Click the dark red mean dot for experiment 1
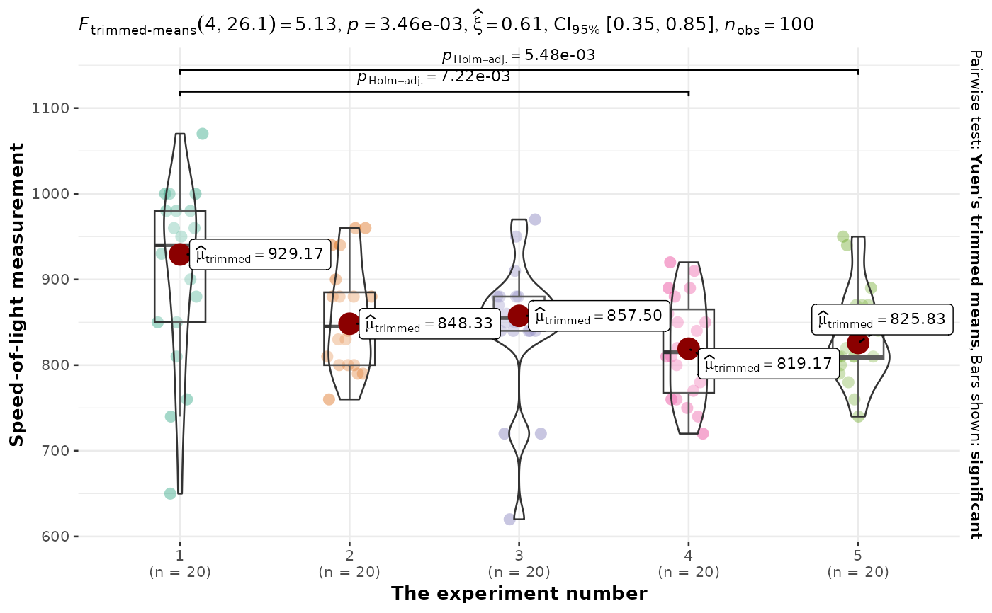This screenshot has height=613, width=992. coord(180,254)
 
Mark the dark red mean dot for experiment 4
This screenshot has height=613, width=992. coord(689,348)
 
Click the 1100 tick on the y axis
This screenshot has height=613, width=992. coord(55,108)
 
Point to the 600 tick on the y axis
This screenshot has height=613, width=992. coord(58,537)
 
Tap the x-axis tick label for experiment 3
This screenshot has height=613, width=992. coord(519,564)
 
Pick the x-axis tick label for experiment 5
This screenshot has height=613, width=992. coord(858,564)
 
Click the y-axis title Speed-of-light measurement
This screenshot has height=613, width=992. coord(17,294)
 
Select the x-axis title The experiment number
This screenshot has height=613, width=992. coord(519,593)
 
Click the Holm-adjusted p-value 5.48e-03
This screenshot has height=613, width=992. coord(518,55)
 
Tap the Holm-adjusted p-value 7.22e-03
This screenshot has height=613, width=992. coord(434,76)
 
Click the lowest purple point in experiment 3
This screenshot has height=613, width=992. coord(509,520)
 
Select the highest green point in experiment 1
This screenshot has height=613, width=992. coord(203,134)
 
